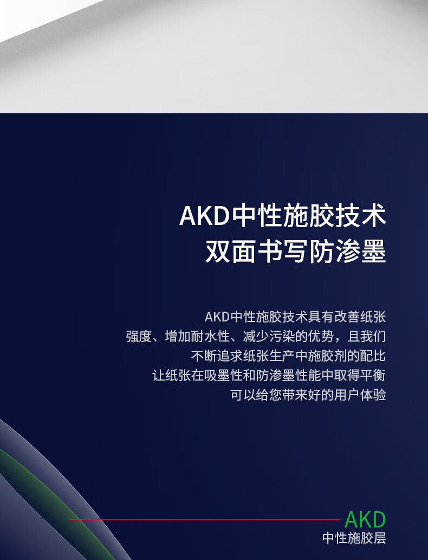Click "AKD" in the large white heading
pos(204,216)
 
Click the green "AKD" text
pos(365,520)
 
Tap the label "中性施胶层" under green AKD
pos(354,538)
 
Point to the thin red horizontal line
pos(205,519)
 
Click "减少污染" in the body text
pos(269,337)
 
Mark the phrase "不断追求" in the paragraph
pos(217,356)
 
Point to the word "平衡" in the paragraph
pos(373,375)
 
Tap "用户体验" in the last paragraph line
pos(360,395)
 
